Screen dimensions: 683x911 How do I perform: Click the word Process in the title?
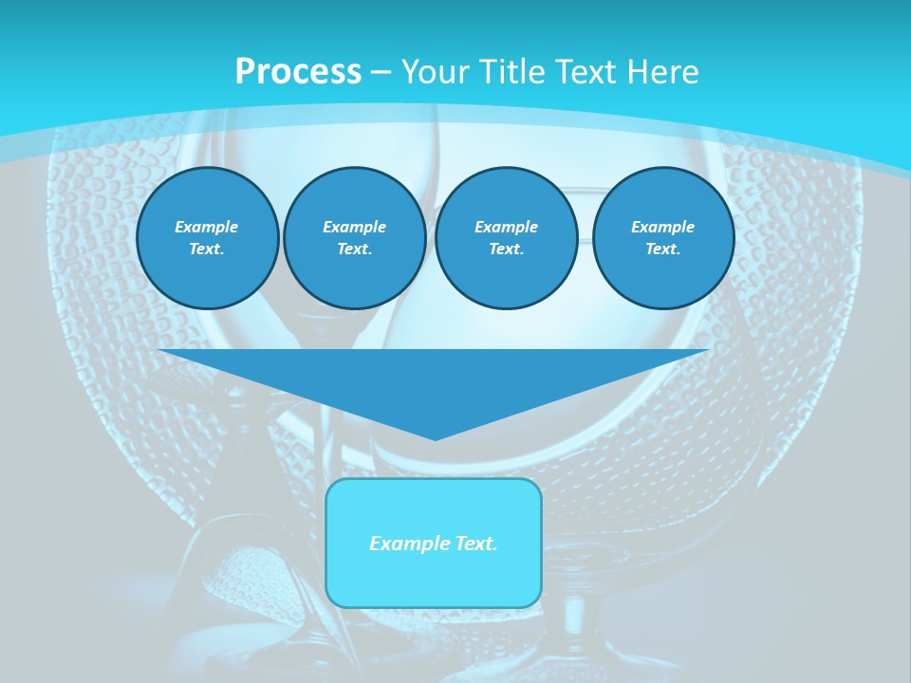click(x=298, y=72)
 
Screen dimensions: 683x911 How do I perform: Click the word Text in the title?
click(x=586, y=72)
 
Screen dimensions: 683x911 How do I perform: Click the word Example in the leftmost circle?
click(x=207, y=227)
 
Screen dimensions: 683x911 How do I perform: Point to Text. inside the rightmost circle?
click(x=662, y=249)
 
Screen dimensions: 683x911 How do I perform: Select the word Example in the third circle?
click(x=506, y=227)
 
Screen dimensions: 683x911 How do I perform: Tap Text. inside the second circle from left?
click(x=354, y=249)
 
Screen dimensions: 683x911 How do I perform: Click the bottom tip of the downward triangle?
click(x=435, y=437)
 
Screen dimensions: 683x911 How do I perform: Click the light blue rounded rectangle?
click(x=434, y=579)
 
